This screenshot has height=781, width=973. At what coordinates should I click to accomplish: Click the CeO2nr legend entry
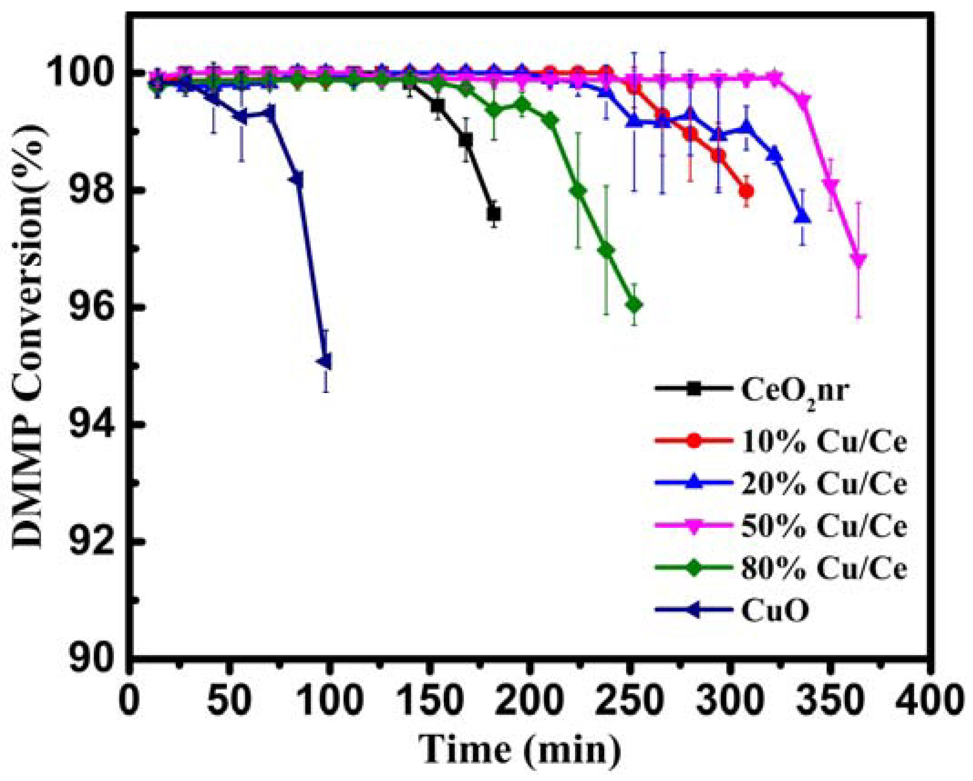795,391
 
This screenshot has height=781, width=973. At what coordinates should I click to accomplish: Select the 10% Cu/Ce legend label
824,442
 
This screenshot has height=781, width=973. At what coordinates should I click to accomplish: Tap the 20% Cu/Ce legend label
824,484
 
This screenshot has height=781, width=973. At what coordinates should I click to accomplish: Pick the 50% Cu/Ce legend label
824,526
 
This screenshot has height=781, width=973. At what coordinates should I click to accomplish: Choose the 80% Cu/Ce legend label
824,568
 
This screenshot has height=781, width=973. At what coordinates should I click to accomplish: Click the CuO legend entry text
775,610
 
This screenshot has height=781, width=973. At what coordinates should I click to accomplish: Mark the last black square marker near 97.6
494,213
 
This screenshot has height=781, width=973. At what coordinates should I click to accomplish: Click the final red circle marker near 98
746,191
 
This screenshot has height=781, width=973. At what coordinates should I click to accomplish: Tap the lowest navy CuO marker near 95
324,362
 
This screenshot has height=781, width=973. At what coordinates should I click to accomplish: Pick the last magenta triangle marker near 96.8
859,259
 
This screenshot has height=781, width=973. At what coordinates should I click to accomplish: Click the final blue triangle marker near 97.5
803,217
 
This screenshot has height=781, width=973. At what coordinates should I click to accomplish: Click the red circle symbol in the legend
693,441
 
